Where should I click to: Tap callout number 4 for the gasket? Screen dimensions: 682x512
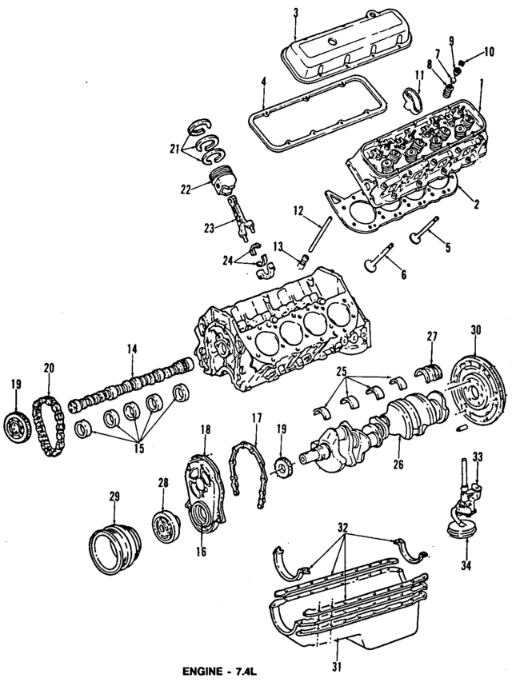[263, 81]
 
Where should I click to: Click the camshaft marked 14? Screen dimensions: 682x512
[132, 387]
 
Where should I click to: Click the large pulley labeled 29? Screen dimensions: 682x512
[111, 544]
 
